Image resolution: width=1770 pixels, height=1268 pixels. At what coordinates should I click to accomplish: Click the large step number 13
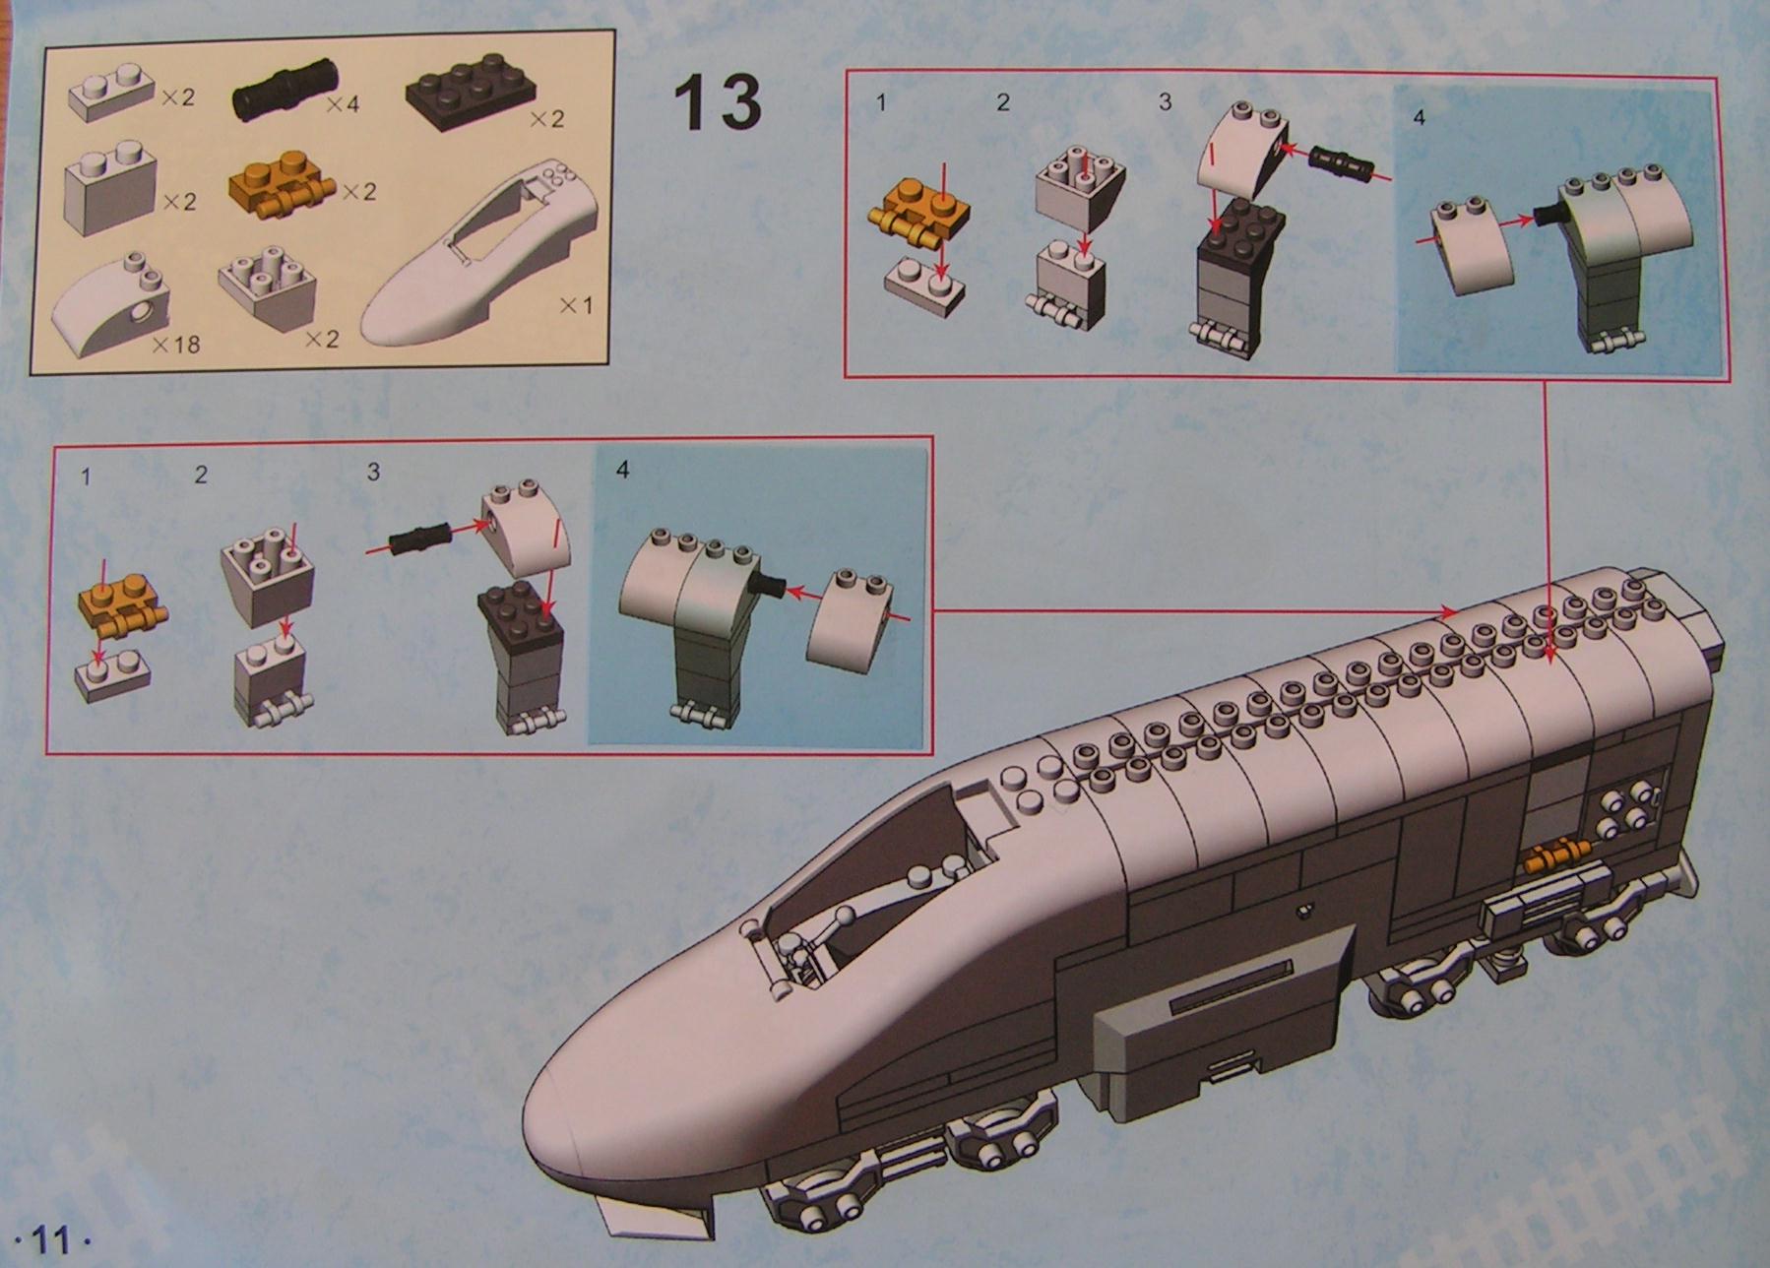tap(717, 102)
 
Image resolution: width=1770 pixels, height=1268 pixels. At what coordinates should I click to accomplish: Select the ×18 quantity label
tap(177, 344)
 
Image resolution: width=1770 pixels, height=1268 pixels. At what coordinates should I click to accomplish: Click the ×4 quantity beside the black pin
tap(342, 103)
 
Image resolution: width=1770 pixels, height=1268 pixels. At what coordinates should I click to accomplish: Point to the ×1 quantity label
tap(576, 306)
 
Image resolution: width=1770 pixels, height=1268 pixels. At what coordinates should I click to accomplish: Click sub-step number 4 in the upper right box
tap(1418, 117)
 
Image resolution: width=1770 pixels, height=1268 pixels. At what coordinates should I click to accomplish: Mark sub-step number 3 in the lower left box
tap(373, 473)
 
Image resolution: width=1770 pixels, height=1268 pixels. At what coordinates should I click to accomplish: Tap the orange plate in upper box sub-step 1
tap(918, 218)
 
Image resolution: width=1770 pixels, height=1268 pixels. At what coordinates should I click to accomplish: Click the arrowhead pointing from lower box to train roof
tap(1449, 612)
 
